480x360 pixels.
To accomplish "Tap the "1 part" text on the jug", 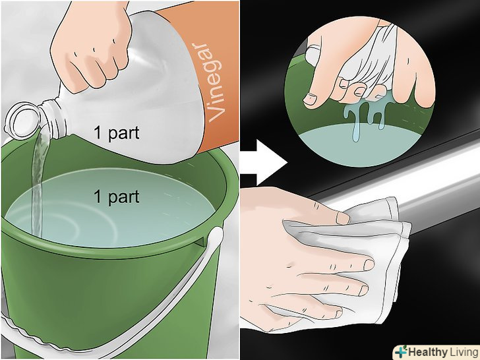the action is (x=116, y=133).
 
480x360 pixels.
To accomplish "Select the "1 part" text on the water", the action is (x=116, y=196).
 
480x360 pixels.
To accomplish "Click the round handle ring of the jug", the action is (x=21, y=120).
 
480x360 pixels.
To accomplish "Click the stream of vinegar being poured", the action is (x=38, y=184).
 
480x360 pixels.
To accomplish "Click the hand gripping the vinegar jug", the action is (x=91, y=46).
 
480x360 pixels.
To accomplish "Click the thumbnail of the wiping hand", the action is (x=343, y=218).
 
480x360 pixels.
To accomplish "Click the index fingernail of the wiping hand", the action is (x=369, y=265).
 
